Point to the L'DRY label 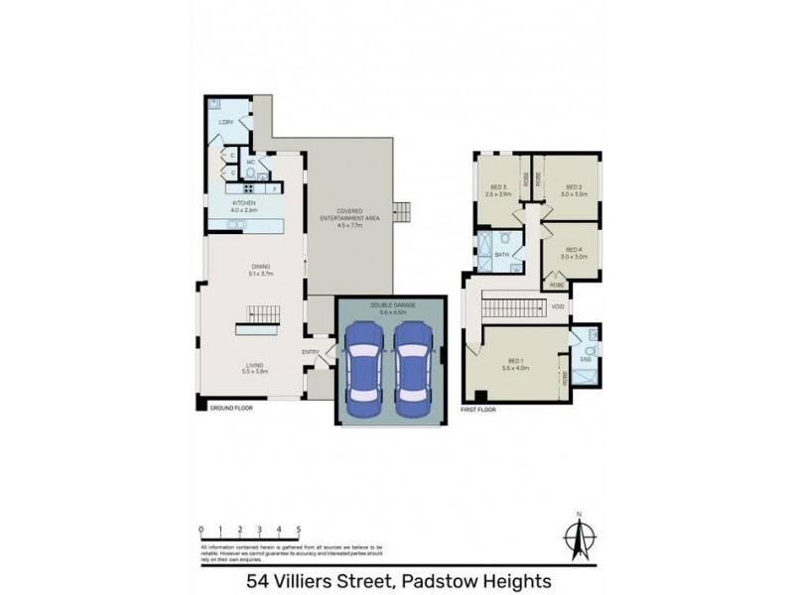coord(225,122)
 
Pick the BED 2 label coord(573,186)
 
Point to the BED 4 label coord(573,249)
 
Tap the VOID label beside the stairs coord(558,307)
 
